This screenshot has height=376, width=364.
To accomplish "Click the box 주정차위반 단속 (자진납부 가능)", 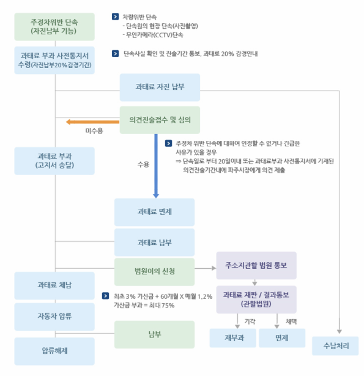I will point(54,26).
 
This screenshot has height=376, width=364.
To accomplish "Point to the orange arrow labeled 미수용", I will point(92,122).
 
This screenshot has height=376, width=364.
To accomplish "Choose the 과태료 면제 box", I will point(154,212).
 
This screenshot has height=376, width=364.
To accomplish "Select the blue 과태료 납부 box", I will point(154,243).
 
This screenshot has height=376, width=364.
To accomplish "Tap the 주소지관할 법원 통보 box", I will point(256,266).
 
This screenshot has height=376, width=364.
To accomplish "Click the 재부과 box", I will point(232,337).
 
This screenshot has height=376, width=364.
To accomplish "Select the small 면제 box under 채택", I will point(281,337).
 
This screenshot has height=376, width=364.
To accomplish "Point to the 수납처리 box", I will point(336,346).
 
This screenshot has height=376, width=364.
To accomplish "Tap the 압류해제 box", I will point(54,352).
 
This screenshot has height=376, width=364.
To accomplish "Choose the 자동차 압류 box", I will point(54,317).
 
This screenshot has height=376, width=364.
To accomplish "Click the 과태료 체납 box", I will point(54,286).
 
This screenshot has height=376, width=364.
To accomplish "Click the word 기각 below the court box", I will point(249,321).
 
